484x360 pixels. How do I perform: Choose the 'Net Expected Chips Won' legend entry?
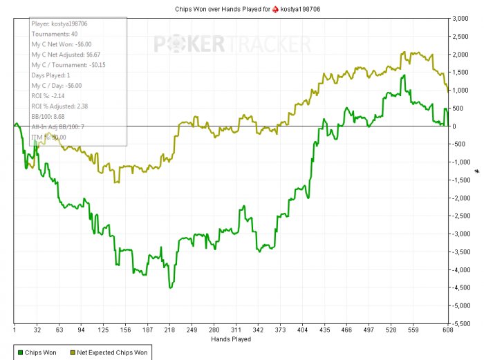[111, 353]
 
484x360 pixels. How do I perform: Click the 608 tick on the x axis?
[448, 330]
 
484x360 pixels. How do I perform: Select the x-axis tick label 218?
[169, 330]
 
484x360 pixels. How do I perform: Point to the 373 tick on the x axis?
[281, 330]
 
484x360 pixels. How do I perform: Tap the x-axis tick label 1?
[15, 330]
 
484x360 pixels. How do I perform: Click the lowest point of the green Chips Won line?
[170, 287]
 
